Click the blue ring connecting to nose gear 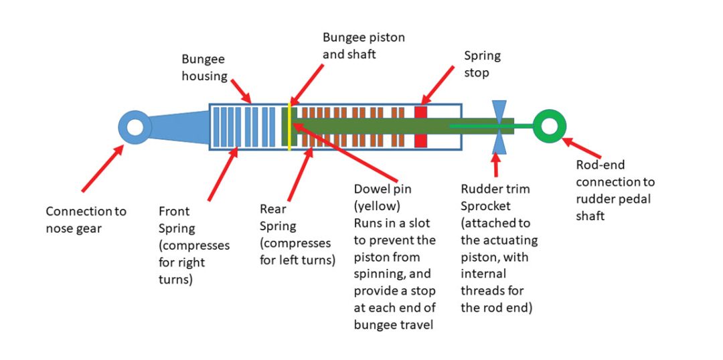click(x=135, y=126)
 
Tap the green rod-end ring click(x=550, y=125)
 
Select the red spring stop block click(x=421, y=126)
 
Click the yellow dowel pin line click(x=289, y=126)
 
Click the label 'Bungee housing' click(x=205, y=68)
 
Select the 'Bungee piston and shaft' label click(x=364, y=45)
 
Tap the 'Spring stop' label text click(x=482, y=64)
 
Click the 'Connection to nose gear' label click(x=86, y=220)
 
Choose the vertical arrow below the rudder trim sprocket click(x=495, y=165)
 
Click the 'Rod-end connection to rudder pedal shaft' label click(x=615, y=191)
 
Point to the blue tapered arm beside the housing click(x=178, y=126)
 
